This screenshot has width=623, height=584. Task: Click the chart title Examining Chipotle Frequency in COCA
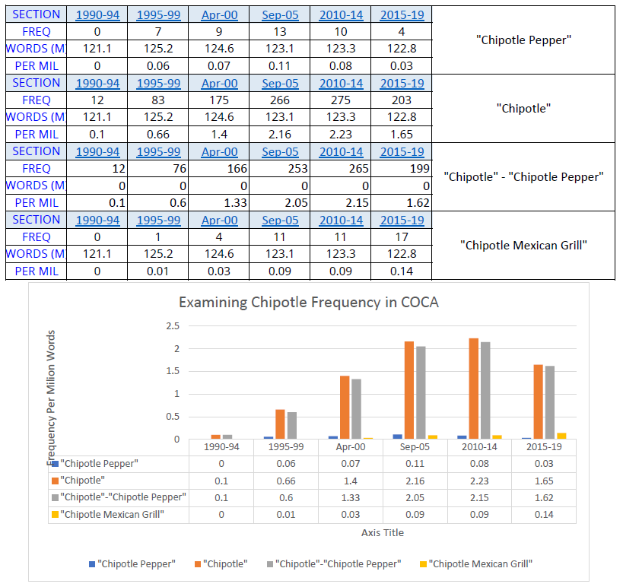tap(309, 302)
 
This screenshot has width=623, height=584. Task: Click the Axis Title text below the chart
tap(383, 532)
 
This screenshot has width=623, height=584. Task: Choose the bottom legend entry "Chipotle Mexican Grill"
tap(480, 563)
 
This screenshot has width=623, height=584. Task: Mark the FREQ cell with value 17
tap(402, 237)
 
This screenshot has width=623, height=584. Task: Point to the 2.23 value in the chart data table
tap(479, 481)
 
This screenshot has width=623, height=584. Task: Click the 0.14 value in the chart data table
tap(544, 515)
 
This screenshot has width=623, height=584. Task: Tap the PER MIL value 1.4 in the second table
tap(220, 134)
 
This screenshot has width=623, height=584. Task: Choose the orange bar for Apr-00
tap(345, 407)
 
